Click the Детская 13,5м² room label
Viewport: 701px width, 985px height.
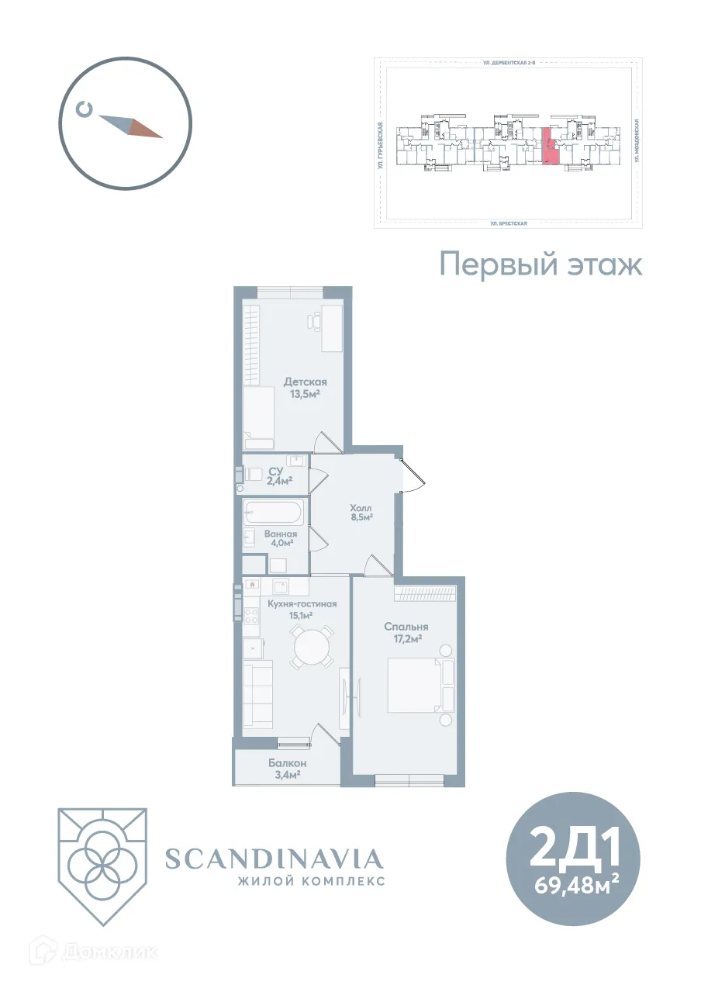[x=305, y=388]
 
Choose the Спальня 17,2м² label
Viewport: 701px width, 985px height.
[x=406, y=632]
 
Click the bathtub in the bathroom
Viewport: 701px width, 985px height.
[x=274, y=513]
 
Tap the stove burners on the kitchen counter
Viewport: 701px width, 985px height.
[x=252, y=617]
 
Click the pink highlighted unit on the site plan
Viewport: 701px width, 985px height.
[x=549, y=147]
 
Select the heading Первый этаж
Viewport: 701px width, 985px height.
[x=541, y=264]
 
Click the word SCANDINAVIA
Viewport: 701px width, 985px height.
[x=275, y=859]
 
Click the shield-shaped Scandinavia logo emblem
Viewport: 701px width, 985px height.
[x=102, y=866]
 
